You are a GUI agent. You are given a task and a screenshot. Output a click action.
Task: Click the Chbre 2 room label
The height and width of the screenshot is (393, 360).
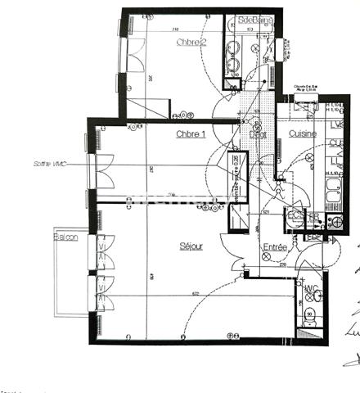point(191,42)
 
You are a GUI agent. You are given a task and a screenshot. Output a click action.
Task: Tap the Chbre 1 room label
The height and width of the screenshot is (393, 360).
point(191,134)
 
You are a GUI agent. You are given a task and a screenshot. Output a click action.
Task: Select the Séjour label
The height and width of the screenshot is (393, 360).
point(191,246)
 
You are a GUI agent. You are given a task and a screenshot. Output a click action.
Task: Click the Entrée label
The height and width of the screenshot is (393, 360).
point(274,246)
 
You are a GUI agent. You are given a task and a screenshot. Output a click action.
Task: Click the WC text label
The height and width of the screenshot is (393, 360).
point(310,289)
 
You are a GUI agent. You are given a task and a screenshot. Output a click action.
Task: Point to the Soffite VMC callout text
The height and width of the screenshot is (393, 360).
point(51,164)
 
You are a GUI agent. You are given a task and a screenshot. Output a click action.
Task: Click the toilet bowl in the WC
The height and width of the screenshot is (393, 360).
point(309,316)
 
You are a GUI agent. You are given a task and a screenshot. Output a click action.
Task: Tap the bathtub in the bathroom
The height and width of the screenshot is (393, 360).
point(232,49)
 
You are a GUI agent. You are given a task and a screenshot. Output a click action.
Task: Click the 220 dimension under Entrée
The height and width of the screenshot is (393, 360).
point(283,265)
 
